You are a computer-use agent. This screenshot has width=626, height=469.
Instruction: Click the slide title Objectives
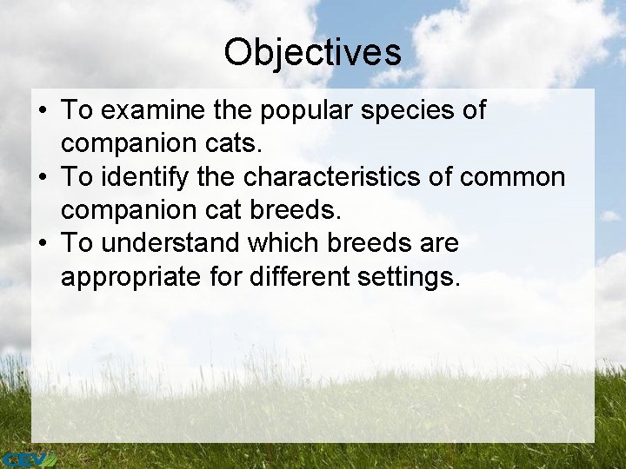pos(312,52)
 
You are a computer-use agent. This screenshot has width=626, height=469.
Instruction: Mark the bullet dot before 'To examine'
pos(43,112)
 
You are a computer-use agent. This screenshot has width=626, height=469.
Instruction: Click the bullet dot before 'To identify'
pos(43,178)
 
